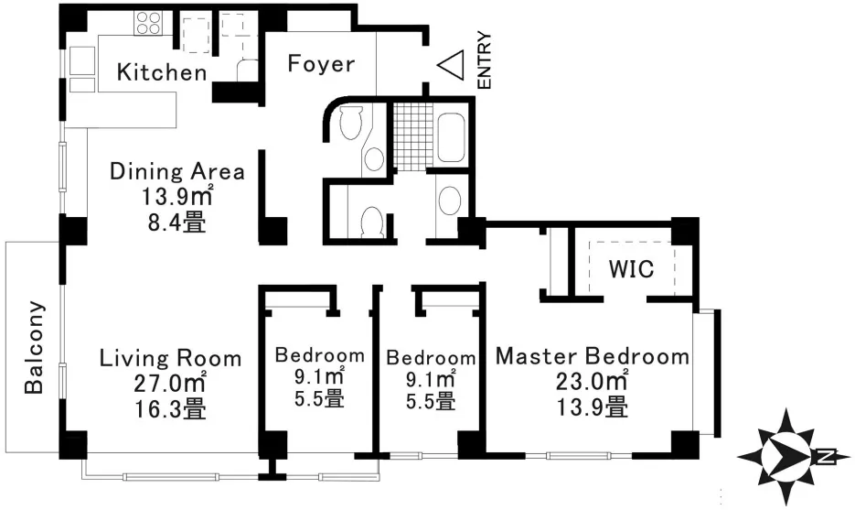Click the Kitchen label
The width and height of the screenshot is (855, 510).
tap(162, 72)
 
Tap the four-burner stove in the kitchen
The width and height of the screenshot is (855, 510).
tap(149, 22)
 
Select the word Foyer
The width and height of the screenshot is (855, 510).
tap(321, 64)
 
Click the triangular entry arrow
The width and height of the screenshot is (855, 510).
tap(451, 64)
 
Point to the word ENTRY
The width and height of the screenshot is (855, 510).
tap(484, 60)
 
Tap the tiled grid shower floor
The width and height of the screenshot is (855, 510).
tap(412, 136)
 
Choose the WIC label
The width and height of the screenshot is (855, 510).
tap(631, 269)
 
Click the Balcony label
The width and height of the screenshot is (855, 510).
tap(34, 347)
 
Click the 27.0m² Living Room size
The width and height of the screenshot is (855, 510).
tap(170, 383)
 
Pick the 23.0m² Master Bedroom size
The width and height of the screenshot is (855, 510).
tap(592, 381)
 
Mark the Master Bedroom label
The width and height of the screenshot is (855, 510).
tap(593, 356)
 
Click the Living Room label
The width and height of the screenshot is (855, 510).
tap(170, 358)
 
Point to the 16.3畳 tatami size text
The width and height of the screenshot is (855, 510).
tap(170, 407)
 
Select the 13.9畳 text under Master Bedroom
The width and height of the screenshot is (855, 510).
tap(592, 407)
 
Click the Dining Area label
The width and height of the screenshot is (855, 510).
tap(177, 171)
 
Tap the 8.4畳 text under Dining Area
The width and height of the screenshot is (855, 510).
tap(177, 222)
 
